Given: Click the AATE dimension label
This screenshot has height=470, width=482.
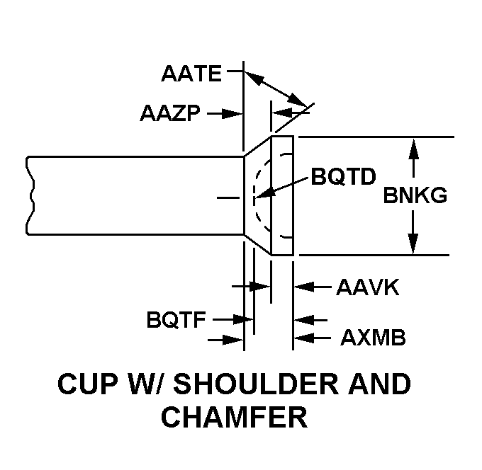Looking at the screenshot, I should (x=191, y=73).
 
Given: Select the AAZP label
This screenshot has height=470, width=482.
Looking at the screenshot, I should (x=172, y=113).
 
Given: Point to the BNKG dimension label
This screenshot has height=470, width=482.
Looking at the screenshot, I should (x=415, y=196).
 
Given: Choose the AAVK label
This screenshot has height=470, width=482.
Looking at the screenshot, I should (x=368, y=287).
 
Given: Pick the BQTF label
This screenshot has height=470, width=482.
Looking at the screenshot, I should (x=176, y=320).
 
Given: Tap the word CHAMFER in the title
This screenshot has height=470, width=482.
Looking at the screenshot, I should (x=234, y=418).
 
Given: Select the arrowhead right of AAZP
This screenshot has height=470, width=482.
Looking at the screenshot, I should (x=237, y=113).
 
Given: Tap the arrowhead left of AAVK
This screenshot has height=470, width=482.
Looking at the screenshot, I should (x=301, y=287).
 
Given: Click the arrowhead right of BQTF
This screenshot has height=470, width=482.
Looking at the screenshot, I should (x=248, y=320).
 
